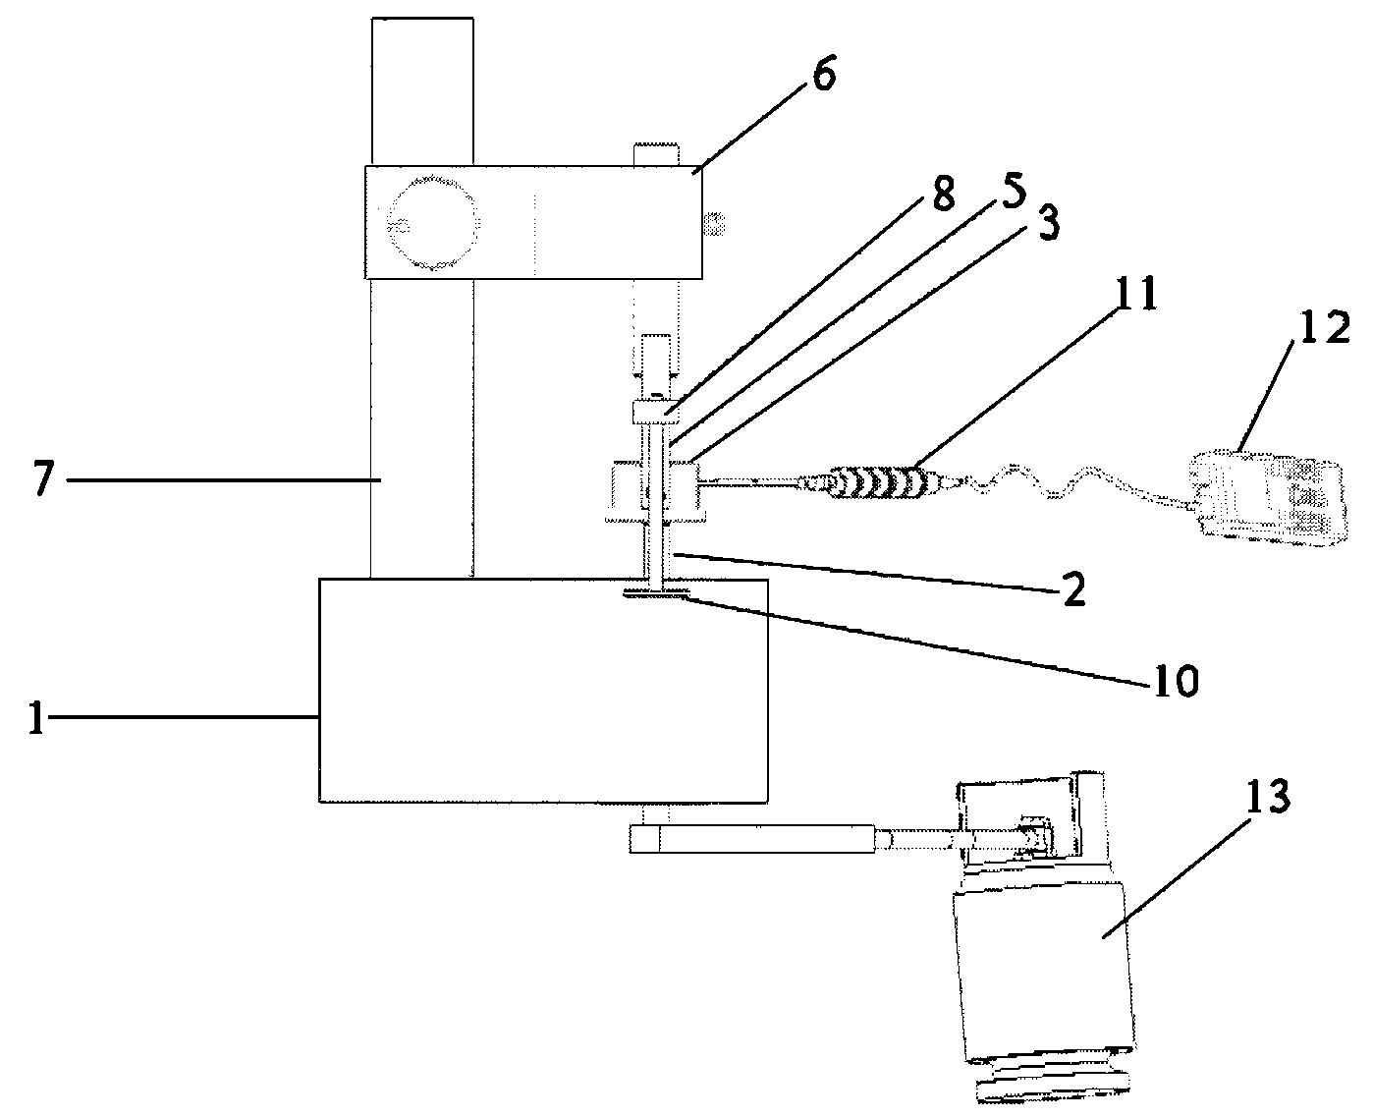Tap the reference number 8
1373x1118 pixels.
tap(943, 193)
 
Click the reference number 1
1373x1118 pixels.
tap(36, 717)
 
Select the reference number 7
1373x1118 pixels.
tap(44, 477)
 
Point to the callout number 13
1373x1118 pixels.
tap(1268, 797)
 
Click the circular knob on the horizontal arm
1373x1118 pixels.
tap(432, 224)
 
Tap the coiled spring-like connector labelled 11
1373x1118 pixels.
tap(881, 482)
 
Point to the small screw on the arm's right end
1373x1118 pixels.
tap(714, 223)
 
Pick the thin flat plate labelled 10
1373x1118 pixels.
tap(657, 593)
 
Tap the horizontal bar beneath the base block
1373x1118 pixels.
tap(752, 839)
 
